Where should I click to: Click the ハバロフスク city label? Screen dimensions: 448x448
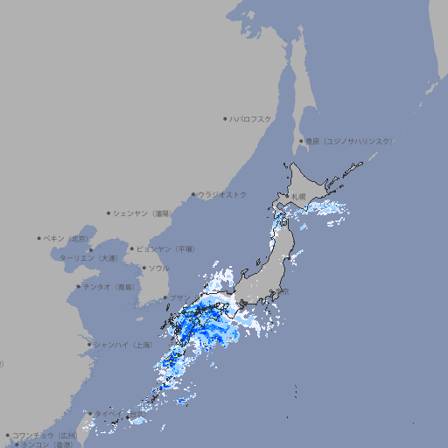point(251,118)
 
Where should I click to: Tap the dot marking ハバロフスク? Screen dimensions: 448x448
point(226,118)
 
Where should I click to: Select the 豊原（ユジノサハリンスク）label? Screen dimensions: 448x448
point(349,141)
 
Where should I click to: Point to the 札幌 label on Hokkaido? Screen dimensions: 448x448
point(299,197)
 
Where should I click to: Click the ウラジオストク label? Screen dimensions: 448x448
point(223,194)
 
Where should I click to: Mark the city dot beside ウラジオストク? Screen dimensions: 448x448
point(194,194)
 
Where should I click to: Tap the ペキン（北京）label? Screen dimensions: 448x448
point(68,238)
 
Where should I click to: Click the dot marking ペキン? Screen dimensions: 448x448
point(39,238)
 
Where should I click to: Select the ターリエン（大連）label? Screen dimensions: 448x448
point(88,258)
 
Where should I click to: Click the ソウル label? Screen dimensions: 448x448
point(158,268)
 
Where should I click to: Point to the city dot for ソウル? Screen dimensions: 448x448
point(144,268)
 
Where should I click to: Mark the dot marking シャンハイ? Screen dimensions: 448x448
point(89,345)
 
